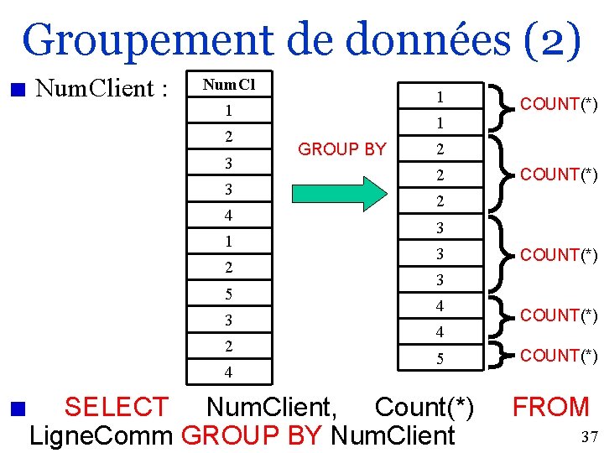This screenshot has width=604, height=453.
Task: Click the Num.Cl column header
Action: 229,85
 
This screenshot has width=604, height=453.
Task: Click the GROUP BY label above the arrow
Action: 342,149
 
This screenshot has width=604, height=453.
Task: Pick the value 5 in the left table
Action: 229,294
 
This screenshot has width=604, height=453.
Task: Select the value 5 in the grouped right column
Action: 439,359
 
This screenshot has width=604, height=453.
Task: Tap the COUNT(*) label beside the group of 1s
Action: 559,104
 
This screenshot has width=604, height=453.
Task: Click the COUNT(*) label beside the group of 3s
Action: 559,254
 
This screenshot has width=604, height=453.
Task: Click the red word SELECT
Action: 116,408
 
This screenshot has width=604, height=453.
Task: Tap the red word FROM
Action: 551,408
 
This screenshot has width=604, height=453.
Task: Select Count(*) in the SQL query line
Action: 424,408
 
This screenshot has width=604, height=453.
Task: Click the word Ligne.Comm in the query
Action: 102,436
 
